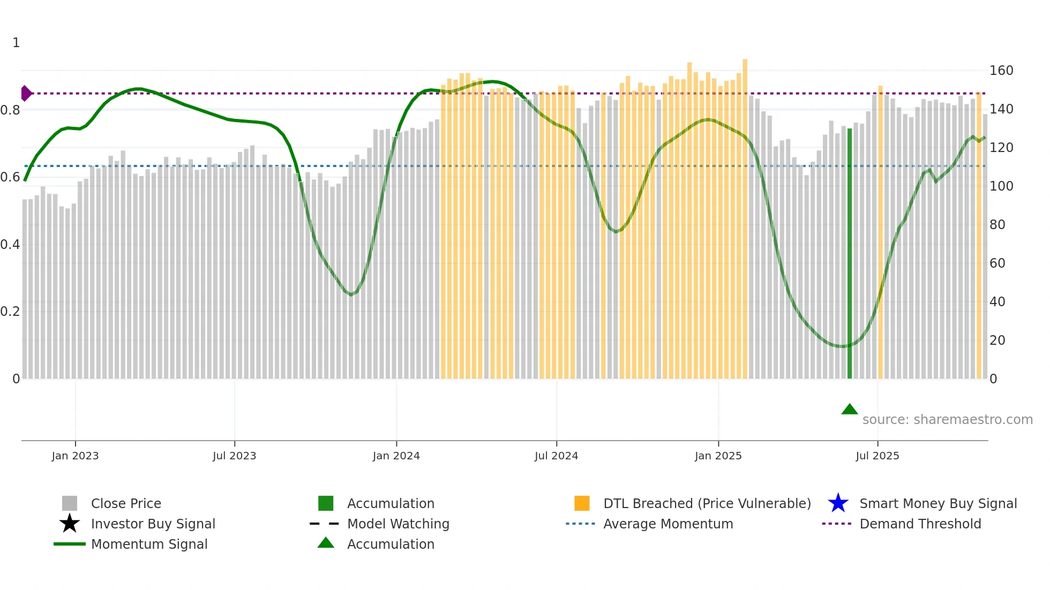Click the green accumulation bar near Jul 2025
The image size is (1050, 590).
pos(850,252)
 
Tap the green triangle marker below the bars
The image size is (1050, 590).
pos(850,410)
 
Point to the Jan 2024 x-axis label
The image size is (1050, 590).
pos(396,456)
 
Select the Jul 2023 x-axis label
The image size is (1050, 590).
pos(234,456)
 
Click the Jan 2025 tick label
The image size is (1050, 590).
pos(718,456)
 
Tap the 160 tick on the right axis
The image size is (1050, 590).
pos(1001,71)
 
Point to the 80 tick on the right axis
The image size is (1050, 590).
pos(997,225)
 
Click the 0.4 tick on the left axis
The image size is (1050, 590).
pos(10,245)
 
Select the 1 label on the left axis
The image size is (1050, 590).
pos(16,43)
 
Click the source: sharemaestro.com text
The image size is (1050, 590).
pos(947,420)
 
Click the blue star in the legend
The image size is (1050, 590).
pos(838,503)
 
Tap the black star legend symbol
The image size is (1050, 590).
pos(70,524)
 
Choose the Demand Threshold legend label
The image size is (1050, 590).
pos(920,524)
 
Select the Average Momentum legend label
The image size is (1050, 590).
pos(668,524)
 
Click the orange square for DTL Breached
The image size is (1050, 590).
pos(582,503)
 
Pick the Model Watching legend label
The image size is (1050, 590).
pos(398,524)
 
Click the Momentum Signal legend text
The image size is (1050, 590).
pos(149,544)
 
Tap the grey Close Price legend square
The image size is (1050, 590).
pos(70,503)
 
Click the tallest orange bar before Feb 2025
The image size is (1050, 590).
pos(745,214)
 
